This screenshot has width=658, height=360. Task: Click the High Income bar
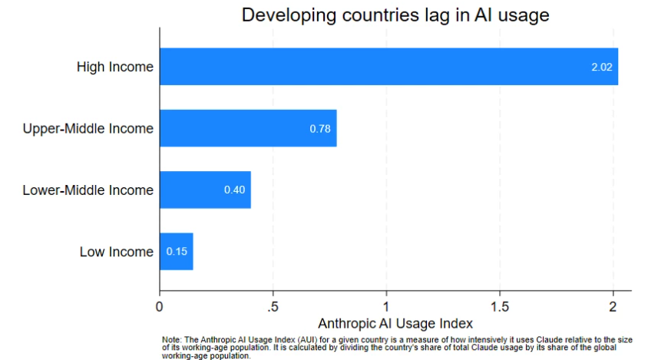point(388,67)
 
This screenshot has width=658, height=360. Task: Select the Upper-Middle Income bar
point(247,128)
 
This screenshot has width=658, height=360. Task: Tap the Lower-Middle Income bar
point(205,190)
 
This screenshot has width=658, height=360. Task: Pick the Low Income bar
point(176,251)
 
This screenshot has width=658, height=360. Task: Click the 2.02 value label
point(601,68)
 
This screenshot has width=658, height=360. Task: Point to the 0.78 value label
point(320,128)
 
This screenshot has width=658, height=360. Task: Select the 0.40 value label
point(234,190)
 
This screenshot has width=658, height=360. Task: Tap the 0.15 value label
point(177,251)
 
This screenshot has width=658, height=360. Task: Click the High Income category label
point(114,67)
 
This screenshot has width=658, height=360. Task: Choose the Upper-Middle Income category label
point(88,128)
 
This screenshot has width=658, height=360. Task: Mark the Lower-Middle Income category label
point(88,190)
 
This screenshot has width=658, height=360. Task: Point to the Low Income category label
point(117,251)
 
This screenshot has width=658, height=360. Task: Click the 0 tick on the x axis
point(160,306)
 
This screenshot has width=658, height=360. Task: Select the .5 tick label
point(273,306)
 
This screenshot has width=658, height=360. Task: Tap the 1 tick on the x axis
point(386,306)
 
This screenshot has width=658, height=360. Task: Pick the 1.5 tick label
point(500,306)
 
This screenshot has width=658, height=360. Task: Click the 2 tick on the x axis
point(613,306)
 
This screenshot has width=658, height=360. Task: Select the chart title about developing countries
point(395,15)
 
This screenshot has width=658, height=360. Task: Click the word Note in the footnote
point(170,339)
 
